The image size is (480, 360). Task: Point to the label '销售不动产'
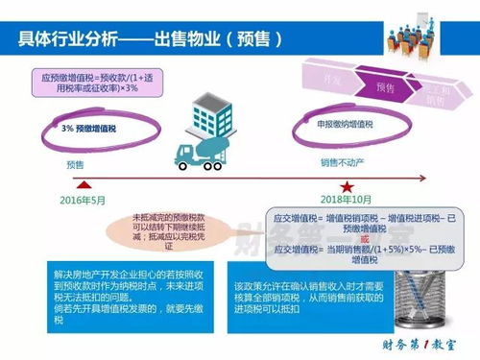(346, 163)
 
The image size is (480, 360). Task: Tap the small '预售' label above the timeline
(77, 164)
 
